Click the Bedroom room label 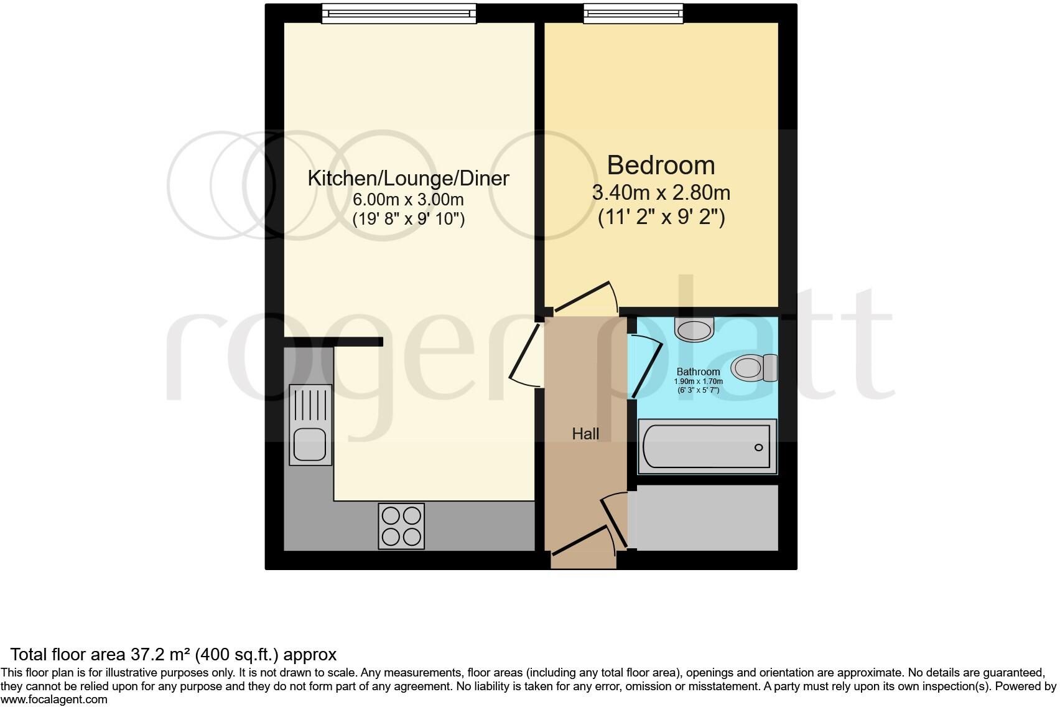(x=661, y=165)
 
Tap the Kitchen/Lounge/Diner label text (x=408, y=179)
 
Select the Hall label (x=585, y=434)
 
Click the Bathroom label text (x=698, y=372)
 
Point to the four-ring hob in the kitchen (x=401, y=526)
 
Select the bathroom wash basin (x=695, y=329)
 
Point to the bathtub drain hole (x=758, y=447)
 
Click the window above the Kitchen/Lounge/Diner (x=399, y=13)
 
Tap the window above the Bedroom (x=633, y=13)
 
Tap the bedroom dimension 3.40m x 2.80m (x=661, y=193)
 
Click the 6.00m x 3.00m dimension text (x=408, y=200)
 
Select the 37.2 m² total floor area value (x=161, y=655)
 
